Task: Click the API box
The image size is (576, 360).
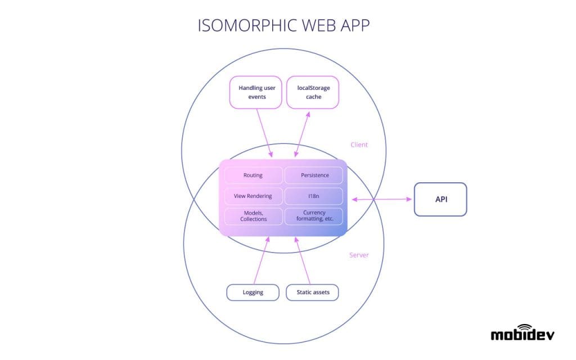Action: pyautogui.click(x=440, y=199)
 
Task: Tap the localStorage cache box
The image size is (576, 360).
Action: pyautogui.click(x=313, y=92)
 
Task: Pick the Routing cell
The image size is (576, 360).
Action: pyautogui.click(x=253, y=175)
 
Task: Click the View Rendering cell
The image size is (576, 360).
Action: pyautogui.click(x=253, y=196)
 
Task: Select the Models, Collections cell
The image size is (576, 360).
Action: pyautogui.click(x=253, y=216)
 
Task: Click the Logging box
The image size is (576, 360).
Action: pyautogui.click(x=253, y=292)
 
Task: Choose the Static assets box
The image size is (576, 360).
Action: pyautogui.click(x=313, y=292)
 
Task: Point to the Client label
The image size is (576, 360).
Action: pyautogui.click(x=359, y=145)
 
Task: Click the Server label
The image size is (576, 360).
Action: pyautogui.click(x=359, y=255)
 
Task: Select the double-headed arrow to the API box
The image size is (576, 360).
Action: pyautogui.click(x=381, y=199)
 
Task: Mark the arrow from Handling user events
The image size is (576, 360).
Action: pyautogui.click(x=264, y=132)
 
